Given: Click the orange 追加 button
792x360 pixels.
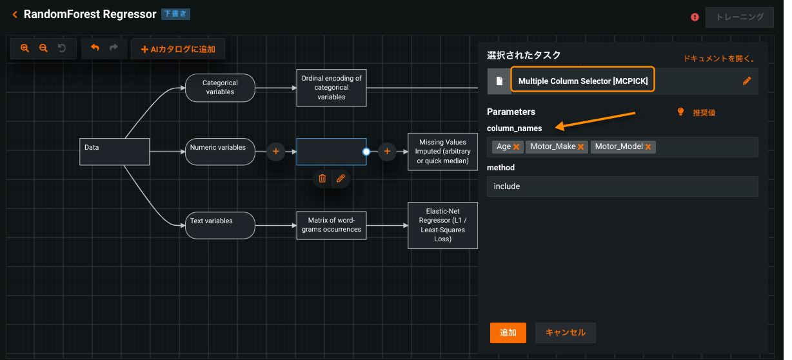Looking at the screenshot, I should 508,332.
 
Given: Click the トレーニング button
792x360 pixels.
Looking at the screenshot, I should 739,17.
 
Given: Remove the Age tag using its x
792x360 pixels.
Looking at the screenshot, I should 517,147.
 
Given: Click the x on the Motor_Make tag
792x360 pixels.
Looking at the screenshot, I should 581,147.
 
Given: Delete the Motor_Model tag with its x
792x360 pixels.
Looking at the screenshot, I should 648,147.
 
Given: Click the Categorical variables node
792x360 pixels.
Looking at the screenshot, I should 220,87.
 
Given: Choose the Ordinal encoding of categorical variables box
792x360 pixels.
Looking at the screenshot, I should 332,88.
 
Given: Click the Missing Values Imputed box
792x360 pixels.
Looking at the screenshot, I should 443,152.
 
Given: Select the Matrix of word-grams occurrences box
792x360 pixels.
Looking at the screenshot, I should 332,225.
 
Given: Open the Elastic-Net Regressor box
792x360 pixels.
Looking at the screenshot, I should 443,225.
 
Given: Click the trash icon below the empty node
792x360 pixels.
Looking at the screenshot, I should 322,178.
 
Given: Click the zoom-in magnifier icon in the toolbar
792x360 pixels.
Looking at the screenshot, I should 25,48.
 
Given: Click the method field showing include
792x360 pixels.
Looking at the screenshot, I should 622,186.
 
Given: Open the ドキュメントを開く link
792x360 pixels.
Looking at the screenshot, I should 719,59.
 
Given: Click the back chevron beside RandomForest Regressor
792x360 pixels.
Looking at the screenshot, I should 14,14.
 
